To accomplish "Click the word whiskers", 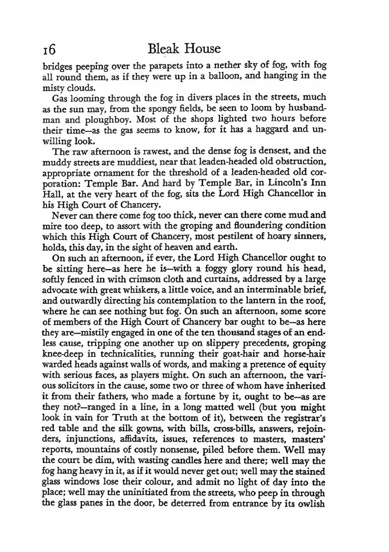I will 151,290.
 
